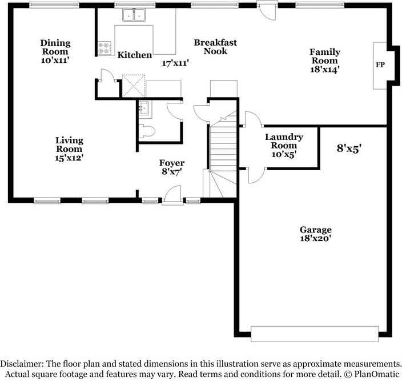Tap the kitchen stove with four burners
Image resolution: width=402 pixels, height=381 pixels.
pyautogui.click(x=104, y=48)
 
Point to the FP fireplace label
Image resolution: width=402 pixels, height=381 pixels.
pyautogui.click(x=380, y=65)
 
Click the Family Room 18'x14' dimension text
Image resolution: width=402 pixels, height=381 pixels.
pyautogui.click(x=324, y=69)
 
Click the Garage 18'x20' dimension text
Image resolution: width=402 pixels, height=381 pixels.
pyautogui.click(x=316, y=238)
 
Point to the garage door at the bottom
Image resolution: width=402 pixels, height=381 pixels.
pyautogui.click(x=315, y=333)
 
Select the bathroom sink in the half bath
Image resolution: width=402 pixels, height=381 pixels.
pyautogui.click(x=144, y=107)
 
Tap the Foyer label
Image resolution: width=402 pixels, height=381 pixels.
pyautogui.click(x=172, y=164)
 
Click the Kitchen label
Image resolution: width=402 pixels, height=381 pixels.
pyautogui.click(x=135, y=55)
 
